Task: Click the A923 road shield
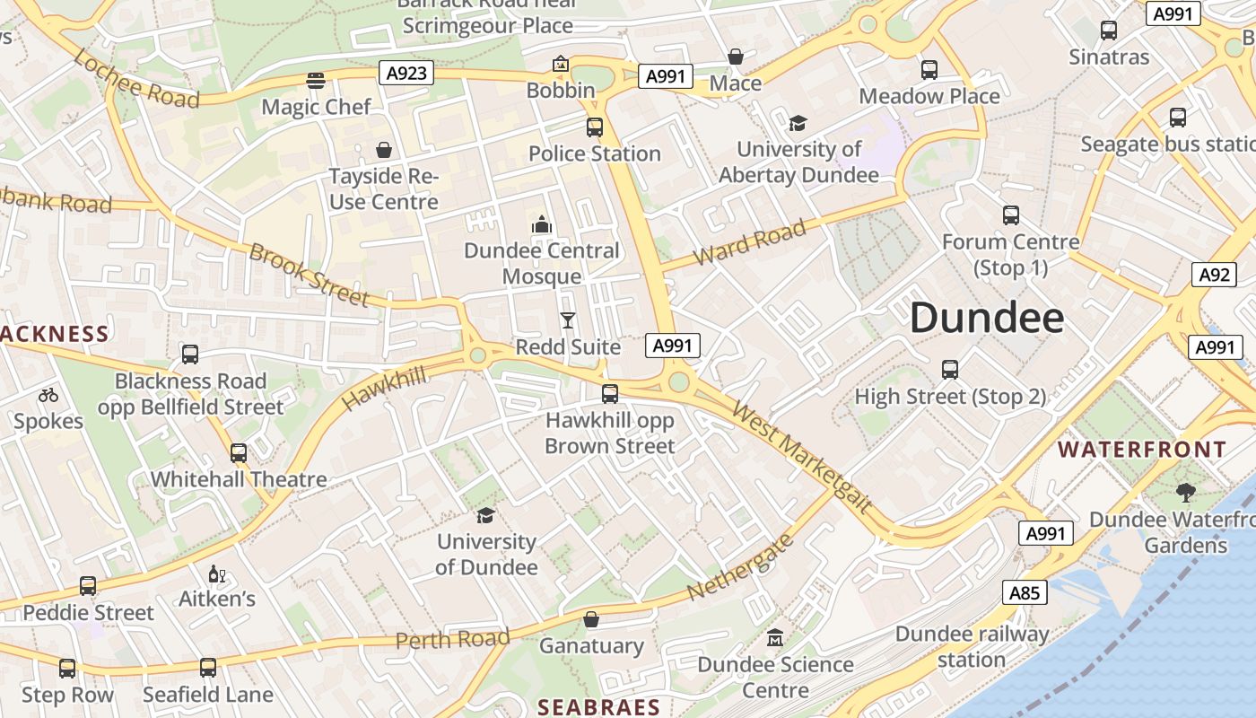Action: coord(406,73)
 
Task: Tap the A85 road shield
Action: coord(1025,592)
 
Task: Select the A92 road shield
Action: coord(1214,275)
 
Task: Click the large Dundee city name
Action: coord(987,319)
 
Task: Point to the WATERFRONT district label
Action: coord(1142,449)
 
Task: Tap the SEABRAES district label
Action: coord(598,707)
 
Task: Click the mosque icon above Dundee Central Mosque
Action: coord(541,224)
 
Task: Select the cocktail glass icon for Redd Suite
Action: coord(568,320)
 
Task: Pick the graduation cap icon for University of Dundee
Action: coord(485,515)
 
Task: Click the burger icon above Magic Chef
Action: coord(315,81)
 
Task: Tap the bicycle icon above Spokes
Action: coord(48,395)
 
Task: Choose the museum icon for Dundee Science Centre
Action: coord(775,638)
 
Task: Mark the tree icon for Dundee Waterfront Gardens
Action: coord(1185,492)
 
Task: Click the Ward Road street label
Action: coord(750,243)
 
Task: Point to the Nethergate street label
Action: coord(741,567)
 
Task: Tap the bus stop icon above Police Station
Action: coord(595,127)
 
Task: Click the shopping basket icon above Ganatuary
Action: coord(591,619)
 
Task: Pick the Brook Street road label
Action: coord(309,274)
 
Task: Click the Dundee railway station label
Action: coord(972,646)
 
